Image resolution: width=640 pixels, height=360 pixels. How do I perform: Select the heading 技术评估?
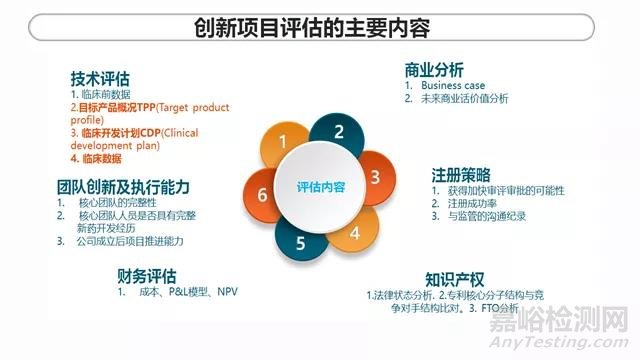[100, 78]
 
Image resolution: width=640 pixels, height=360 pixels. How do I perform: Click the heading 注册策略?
[461, 174]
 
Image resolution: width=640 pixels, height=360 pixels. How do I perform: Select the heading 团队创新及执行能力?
[124, 187]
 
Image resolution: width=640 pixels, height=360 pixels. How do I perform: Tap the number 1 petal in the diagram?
[284, 141]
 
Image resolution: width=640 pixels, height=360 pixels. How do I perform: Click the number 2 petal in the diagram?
[339, 132]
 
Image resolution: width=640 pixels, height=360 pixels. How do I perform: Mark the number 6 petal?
[262, 195]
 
